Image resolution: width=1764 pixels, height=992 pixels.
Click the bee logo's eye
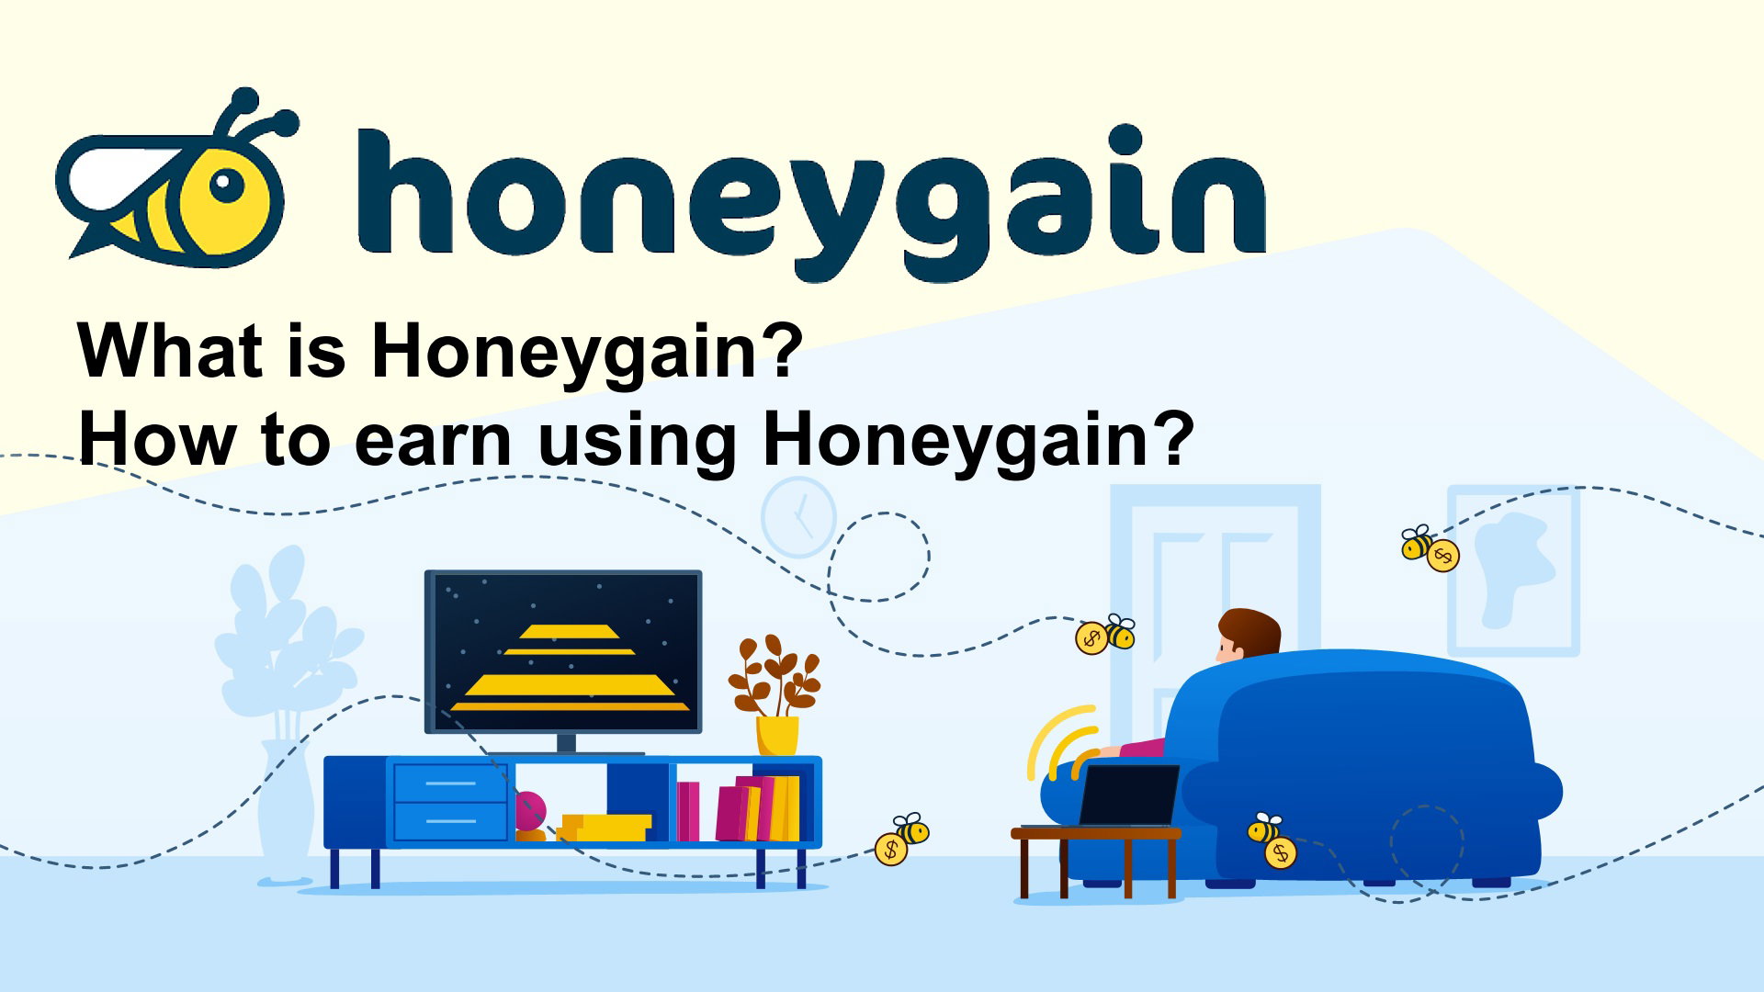click(226, 185)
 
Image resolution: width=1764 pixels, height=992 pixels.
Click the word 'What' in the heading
click(175, 351)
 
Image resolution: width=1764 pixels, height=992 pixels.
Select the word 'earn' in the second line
click(434, 441)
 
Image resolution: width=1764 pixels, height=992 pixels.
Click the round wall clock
click(798, 517)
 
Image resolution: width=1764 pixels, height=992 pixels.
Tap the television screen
click(563, 651)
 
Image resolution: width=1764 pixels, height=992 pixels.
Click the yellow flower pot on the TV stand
click(777, 736)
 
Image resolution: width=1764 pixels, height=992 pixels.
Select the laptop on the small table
click(1129, 795)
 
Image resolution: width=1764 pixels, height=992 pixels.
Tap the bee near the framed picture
click(1430, 548)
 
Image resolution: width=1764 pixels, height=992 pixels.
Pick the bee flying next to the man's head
click(1105, 634)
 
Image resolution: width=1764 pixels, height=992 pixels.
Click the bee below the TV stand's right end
click(901, 839)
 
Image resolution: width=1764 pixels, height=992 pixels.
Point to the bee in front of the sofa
click(1272, 840)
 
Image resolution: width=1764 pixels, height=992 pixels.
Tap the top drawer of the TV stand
click(450, 783)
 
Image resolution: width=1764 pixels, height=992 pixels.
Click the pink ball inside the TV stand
click(529, 812)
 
